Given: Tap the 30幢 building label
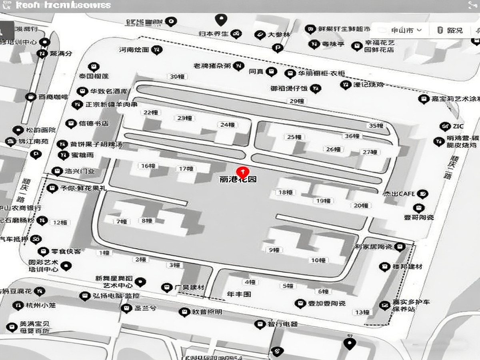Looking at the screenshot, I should point(177,76).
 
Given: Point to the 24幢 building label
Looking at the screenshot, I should point(227,125).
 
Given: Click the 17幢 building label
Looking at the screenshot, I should point(186,168).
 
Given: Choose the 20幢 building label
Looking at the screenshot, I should point(360,206).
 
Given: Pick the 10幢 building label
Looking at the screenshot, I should point(318,260).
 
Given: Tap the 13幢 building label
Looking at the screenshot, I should point(362,312).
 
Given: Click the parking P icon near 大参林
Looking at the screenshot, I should point(277,48).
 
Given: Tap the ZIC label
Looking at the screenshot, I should point(458,126).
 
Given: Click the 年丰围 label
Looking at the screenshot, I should point(239,294).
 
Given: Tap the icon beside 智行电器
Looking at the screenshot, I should point(260,324).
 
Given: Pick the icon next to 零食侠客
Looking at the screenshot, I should point(43,252).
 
